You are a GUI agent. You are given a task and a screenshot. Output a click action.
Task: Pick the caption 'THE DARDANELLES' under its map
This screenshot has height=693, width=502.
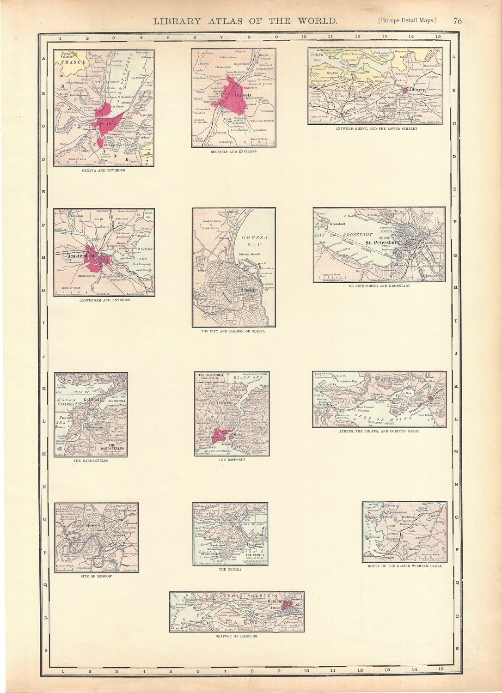pyautogui.click(x=91, y=461)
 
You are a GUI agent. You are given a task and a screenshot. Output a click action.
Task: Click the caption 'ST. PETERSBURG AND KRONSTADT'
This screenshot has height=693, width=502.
pyautogui.click(x=379, y=285)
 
